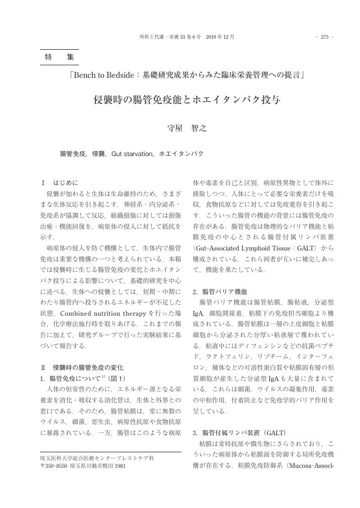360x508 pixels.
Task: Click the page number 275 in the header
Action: coord(324,37)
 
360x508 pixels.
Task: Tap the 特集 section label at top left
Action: coord(59,58)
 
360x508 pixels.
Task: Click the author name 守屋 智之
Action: coord(187,128)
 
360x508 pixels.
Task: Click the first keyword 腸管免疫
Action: coord(73,154)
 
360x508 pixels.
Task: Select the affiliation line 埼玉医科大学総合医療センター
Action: coord(97,458)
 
